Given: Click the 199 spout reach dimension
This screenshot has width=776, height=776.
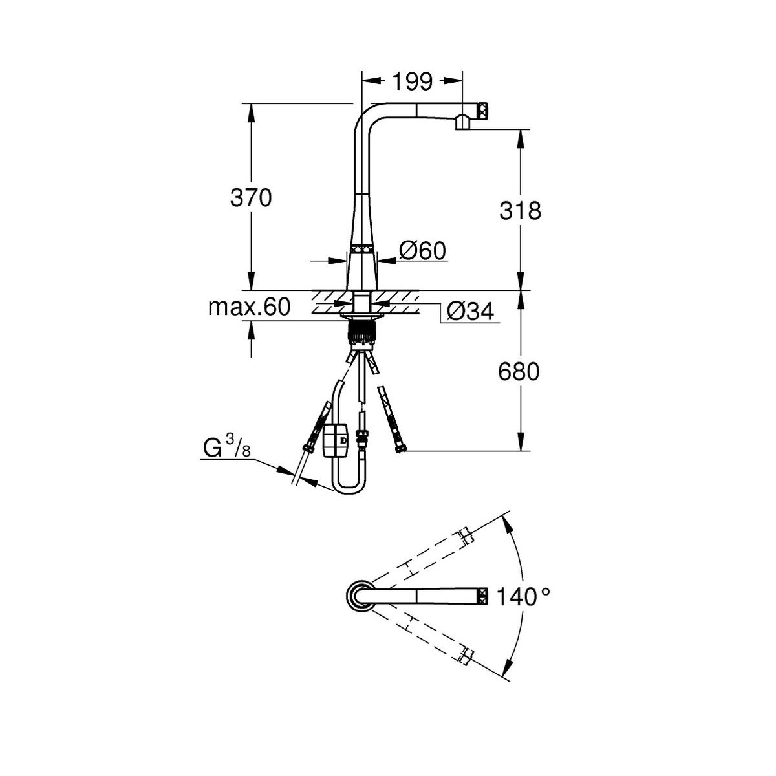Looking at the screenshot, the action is coord(412,81).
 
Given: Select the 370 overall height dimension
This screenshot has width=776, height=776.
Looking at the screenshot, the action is coord(251,198).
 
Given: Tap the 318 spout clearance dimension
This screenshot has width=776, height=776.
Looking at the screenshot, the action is coord(521,210).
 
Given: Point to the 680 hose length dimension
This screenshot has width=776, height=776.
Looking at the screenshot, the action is coord(519,372).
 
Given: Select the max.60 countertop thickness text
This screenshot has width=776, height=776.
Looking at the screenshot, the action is coord(249,307).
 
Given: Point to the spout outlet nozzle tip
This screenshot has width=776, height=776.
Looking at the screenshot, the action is coord(462,123).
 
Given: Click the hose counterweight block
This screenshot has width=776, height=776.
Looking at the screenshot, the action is coord(334,440).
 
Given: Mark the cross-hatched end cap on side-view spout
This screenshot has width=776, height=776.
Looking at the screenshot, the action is coord(483,110).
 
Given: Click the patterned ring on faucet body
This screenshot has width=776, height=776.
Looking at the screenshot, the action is coord(361,249).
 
